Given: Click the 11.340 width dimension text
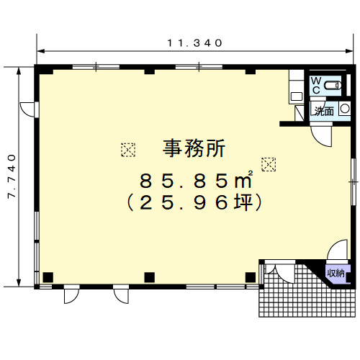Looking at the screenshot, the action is coord(194,43).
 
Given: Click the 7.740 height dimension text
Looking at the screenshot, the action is coord(12,176).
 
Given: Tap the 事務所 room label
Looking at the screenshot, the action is coord(194,148).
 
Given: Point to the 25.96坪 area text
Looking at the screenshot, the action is coord(194,202).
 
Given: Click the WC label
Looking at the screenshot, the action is coord(316,85).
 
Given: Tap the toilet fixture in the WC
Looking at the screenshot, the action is coord(333,86).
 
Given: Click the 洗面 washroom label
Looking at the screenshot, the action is coord(324,111).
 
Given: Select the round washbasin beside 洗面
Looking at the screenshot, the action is coord(345,109).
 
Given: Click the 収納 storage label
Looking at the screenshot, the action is coord(336,273).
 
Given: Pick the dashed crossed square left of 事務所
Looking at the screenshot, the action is coord(128,150).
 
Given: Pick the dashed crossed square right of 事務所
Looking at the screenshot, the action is coord(269,164).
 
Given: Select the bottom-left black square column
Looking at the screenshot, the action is coord(48,277).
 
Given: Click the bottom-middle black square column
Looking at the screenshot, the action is coord(150,277).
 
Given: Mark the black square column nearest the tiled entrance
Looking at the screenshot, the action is coord(251,277).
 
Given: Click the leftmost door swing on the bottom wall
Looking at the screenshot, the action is coord(71,294).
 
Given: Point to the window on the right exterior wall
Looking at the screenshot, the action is coord(353,181).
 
